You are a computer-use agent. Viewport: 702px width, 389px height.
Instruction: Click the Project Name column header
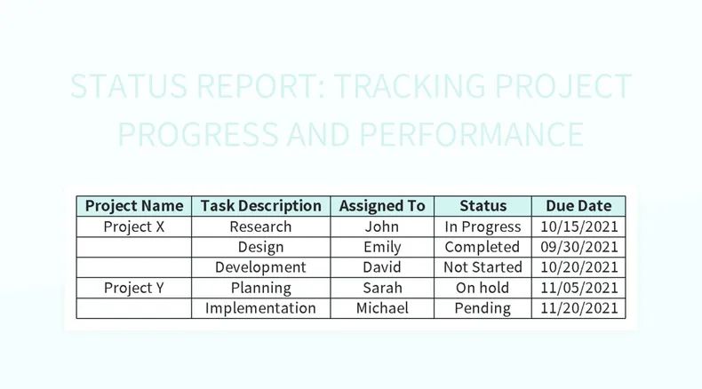pos(134,206)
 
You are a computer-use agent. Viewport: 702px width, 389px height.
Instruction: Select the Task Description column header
pos(261,206)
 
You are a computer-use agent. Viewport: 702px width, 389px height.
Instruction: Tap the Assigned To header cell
pos(382,206)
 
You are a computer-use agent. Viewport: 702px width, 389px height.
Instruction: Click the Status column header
pos(483,206)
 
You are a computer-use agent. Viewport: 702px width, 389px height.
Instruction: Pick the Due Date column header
pos(578,206)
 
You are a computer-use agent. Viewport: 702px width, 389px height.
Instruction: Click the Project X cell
pos(134,226)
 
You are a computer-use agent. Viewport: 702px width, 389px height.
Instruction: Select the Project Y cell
pos(134,288)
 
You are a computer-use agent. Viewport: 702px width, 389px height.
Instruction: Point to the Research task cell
pos(260,226)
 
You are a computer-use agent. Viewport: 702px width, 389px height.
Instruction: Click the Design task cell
pos(260,247)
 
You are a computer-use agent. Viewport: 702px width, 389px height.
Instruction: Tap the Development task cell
pos(260,267)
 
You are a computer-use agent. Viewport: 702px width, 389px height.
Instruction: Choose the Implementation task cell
pos(260,308)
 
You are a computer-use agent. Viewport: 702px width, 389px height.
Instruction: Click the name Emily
pos(382,247)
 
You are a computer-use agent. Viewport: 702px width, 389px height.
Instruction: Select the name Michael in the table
pos(382,308)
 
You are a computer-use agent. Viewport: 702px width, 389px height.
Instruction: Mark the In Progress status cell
pos(483,226)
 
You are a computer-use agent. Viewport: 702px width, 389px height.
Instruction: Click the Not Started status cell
pos(483,267)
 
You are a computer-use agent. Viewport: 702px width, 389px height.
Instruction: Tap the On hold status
pos(483,288)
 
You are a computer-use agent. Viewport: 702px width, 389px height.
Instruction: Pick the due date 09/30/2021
pos(578,247)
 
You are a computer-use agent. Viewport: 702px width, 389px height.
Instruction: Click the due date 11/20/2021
pos(578,308)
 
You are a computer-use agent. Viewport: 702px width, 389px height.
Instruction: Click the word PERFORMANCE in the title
pos(471,135)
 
